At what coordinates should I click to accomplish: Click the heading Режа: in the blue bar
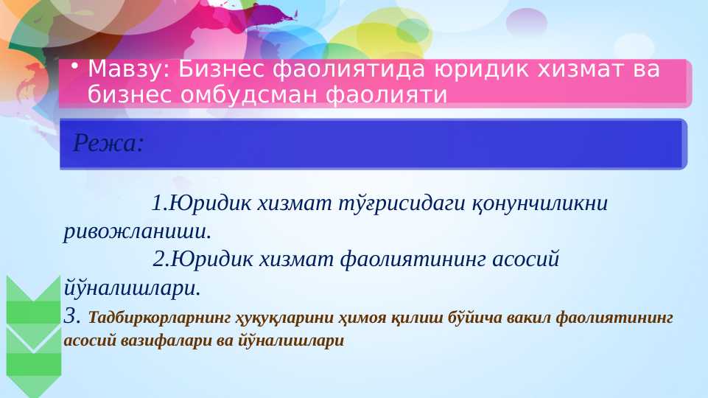point(108,143)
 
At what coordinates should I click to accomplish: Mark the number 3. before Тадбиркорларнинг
point(72,317)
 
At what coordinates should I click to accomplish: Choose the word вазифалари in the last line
point(145,341)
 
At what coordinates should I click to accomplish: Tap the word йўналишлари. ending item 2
point(133,287)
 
